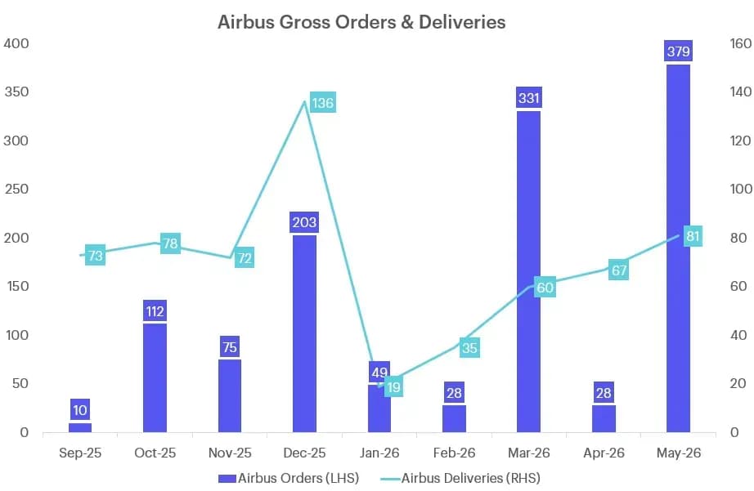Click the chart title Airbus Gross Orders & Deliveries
(x=361, y=22)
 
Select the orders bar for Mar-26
(x=528, y=272)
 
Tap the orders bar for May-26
(x=678, y=248)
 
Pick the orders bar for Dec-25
(x=304, y=334)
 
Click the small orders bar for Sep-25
(x=80, y=427)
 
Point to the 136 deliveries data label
(x=322, y=103)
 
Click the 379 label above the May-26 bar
(x=678, y=51)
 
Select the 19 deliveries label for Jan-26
(x=394, y=387)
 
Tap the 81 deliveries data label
(x=693, y=236)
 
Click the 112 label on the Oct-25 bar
(x=155, y=311)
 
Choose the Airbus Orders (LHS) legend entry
(x=289, y=478)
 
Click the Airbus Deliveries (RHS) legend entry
(x=460, y=478)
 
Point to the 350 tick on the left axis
(x=16, y=92)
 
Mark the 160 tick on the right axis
(x=741, y=43)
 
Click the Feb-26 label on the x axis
(x=454, y=453)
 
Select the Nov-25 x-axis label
(x=230, y=453)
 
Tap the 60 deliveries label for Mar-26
(x=545, y=288)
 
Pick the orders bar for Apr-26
(x=604, y=419)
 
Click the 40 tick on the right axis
(x=738, y=335)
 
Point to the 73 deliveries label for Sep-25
(x=95, y=255)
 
